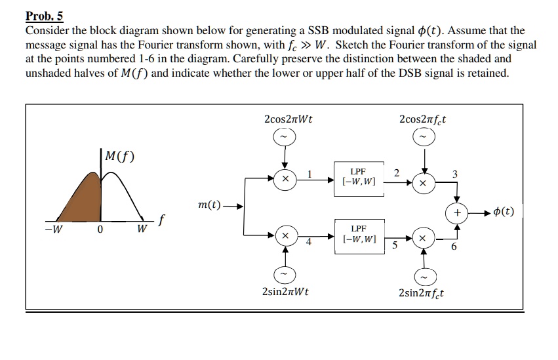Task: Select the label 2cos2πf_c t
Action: coord(423,119)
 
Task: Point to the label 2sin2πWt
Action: coord(285,292)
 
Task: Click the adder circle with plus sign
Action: coord(457,212)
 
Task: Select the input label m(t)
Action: coord(209,206)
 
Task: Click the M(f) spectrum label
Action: coord(116,157)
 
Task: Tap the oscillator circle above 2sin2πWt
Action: coord(285,273)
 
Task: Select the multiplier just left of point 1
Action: coord(285,178)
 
